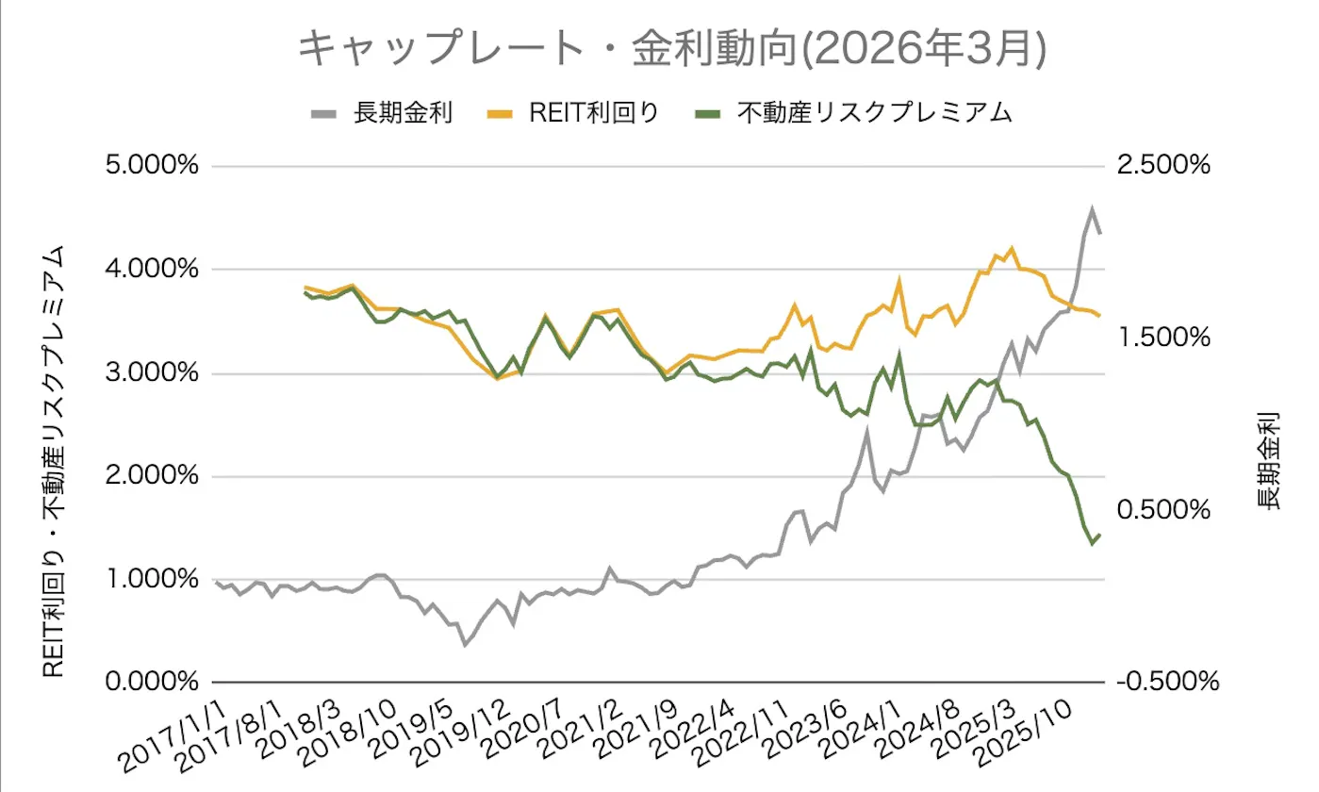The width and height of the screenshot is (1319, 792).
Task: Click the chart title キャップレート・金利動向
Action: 671,49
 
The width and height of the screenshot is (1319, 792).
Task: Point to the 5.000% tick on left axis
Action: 154,167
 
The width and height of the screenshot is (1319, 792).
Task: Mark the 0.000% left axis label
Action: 154,681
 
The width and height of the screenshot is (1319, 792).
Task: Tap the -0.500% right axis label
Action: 1165,681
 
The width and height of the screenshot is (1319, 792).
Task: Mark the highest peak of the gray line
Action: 1092,210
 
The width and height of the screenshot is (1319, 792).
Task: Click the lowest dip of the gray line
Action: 464,645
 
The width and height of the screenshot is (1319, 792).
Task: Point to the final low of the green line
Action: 1093,544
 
